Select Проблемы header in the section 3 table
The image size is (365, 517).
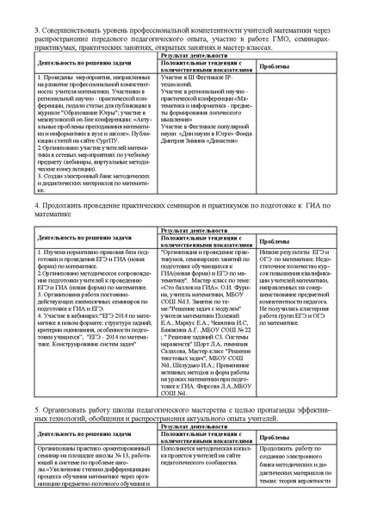[275, 65]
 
